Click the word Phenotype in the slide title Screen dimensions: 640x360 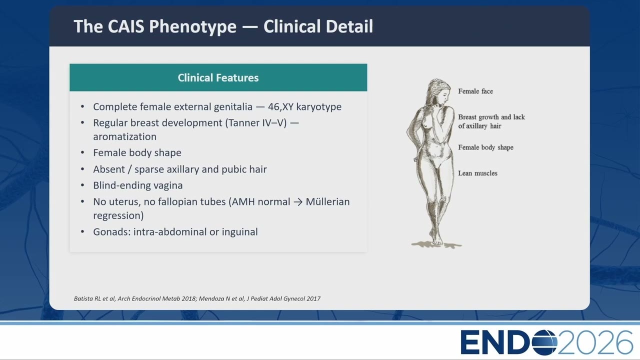pyautogui.click(x=192, y=27)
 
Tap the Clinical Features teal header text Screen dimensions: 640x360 pyautogui.click(x=218, y=77)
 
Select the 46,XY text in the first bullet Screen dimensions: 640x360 pyautogui.click(x=280, y=107)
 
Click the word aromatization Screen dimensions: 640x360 pyautogui.click(x=125, y=136)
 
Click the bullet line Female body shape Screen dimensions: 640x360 pyautogui.click(x=137, y=153)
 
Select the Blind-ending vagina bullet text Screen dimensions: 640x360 pyautogui.click(x=137, y=185)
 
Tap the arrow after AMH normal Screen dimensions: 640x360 pyautogui.click(x=297, y=202)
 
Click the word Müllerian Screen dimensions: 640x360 pyautogui.click(x=327, y=201)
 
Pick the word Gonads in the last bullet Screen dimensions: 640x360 pyautogui.click(x=111, y=231)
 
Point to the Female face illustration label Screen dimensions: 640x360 pyautogui.click(x=475, y=91)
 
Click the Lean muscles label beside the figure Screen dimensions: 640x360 pyautogui.click(x=477, y=173)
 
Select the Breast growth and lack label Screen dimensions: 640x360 pyautogui.click(x=491, y=117)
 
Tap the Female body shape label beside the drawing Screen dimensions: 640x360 pyautogui.click(x=485, y=147)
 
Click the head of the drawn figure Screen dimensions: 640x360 pyautogui.click(x=438, y=91)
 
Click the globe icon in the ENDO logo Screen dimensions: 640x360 pyautogui.click(x=544, y=342)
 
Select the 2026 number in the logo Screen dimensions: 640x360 pyautogui.click(x=595, y=342)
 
